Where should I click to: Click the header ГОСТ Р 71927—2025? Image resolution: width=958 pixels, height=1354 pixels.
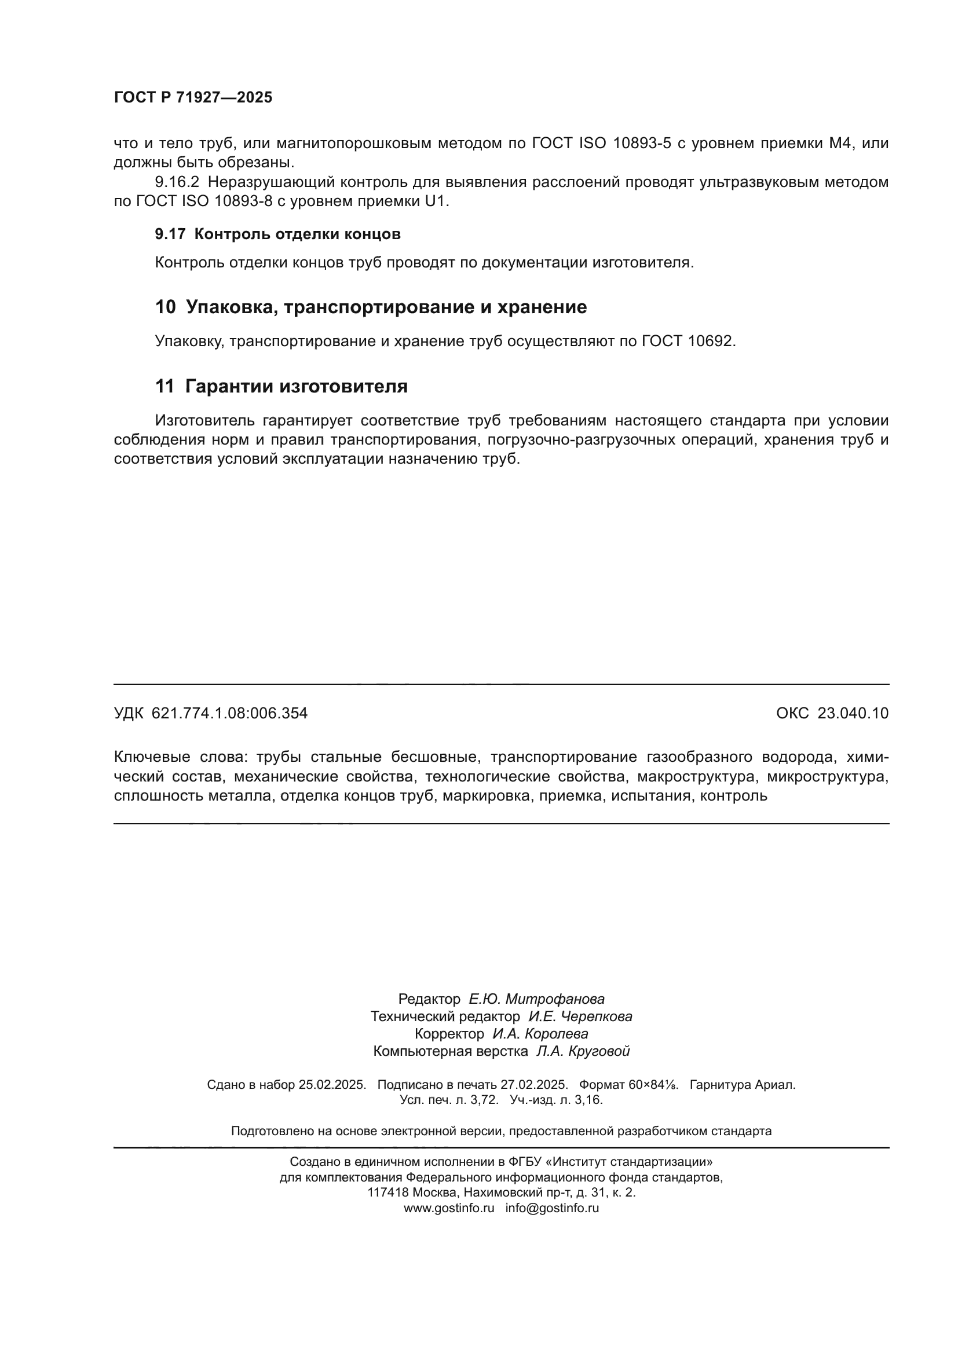click(x=193, y=97)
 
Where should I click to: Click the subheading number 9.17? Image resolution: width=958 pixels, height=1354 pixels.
click(x=170, y=234)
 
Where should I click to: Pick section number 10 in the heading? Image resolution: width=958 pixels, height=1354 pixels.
click(x=165, y=307)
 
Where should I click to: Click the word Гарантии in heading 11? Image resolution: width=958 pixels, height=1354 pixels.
click(x=229, y=386)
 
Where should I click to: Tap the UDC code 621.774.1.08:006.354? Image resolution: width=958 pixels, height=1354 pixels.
click(x=229, y=714)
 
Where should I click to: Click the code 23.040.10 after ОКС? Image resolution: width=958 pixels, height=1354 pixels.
click(x=853, y=714)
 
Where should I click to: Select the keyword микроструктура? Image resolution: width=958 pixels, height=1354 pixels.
click(x=827, y=777)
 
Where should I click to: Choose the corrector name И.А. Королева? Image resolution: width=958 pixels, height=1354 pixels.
click(x=540, y=1050)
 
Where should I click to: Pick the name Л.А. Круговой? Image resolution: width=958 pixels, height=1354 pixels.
click(x=582, y=1068)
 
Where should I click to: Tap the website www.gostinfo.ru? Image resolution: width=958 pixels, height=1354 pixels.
click(x=448, y=1225)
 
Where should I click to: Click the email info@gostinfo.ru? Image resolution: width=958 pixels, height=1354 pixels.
click(x=551, y=1225)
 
